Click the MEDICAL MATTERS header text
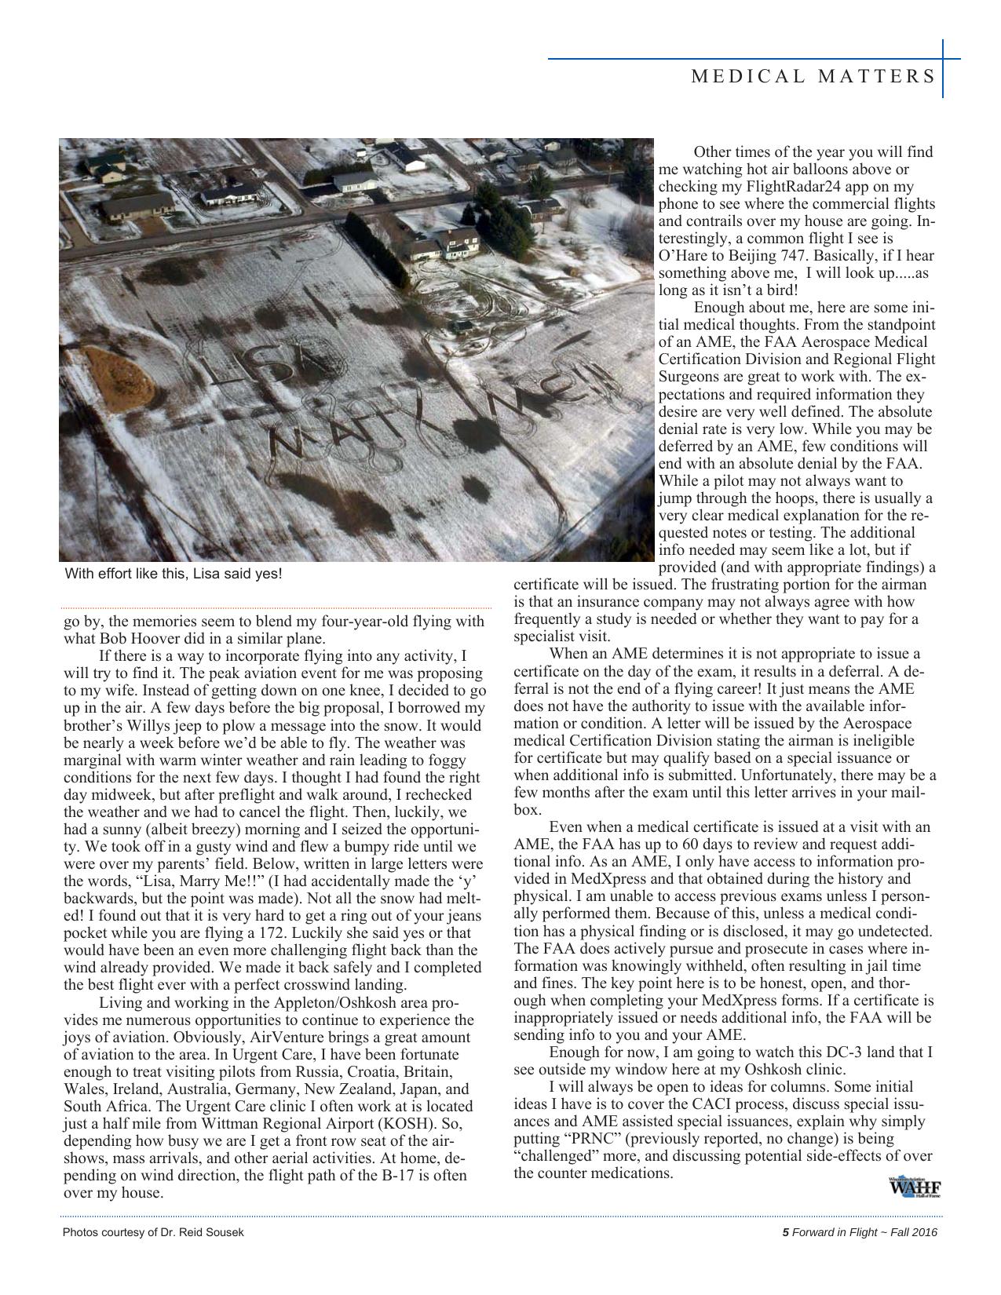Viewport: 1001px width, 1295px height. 813,76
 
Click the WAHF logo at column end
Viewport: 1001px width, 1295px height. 914,1187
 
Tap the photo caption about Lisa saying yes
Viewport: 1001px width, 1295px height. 173,573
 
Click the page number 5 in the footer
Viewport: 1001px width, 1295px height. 785,1232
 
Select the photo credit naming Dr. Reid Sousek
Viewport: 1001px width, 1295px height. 153,1232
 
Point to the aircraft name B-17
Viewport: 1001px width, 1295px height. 397,1175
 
